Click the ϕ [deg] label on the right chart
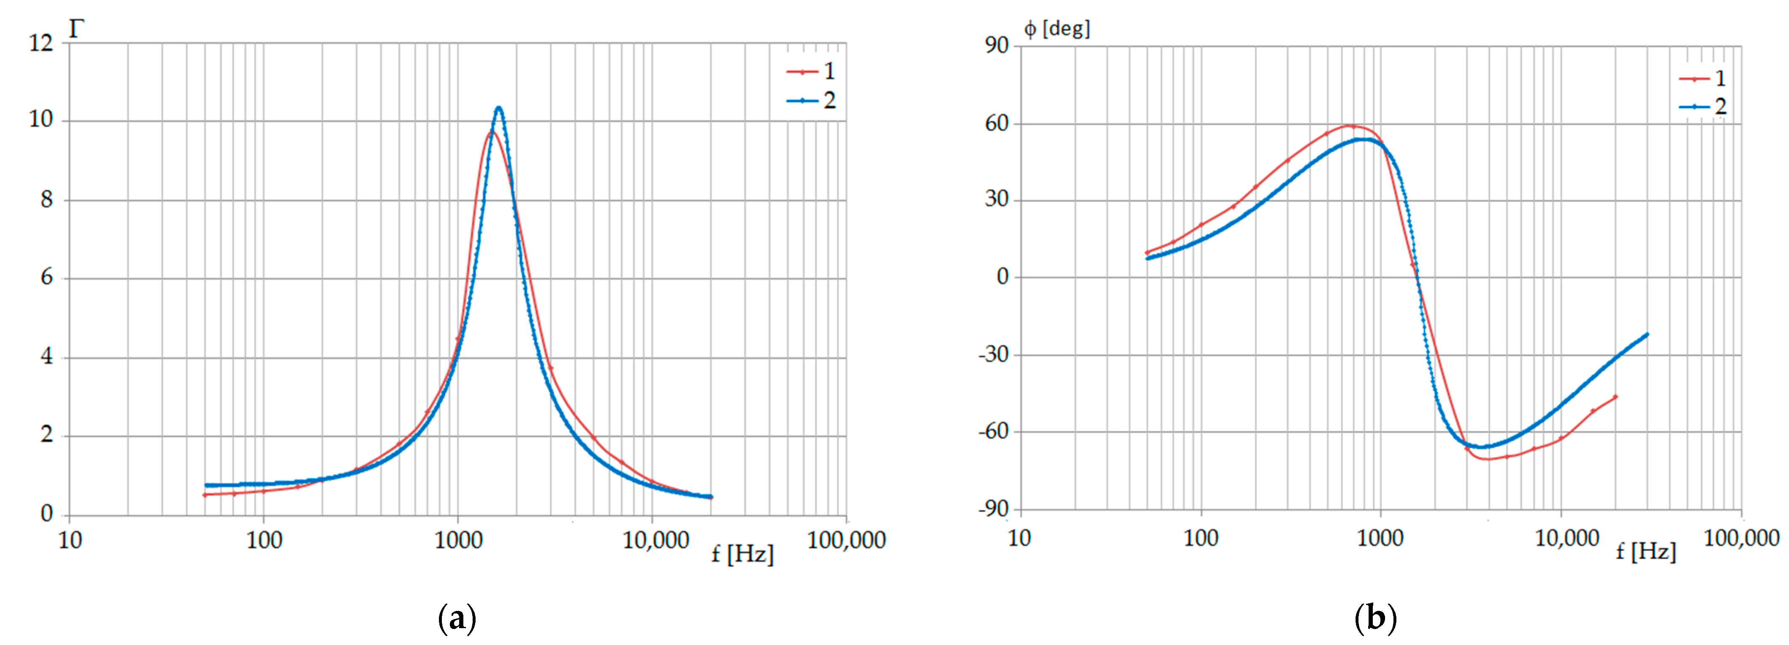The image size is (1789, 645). pos(1056,29)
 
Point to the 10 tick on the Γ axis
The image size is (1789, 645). pos(41,120)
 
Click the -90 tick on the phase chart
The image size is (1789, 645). pos(993,509)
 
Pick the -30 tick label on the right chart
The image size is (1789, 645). pos(993,355)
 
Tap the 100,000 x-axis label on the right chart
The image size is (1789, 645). pos(1741,538)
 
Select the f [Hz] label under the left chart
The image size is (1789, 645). pos(742,554)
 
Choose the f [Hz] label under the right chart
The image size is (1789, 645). pos(1645,552)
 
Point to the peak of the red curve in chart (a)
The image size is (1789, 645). pos(490,131)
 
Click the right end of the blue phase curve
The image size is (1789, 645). pos(1647,335)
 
